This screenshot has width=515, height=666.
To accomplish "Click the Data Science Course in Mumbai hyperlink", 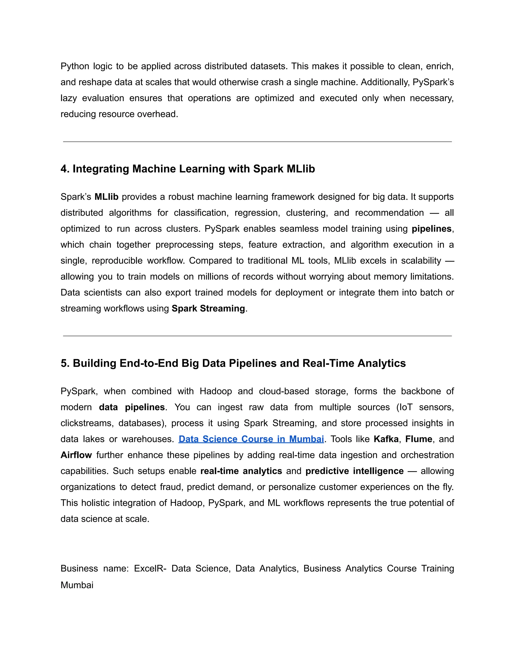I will tap(251, 439).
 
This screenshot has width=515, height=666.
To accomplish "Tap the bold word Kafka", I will tap(386, 439).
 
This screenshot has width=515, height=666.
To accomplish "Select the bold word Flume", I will tap(419, 439).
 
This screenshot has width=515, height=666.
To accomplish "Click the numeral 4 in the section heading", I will tap(64, 169).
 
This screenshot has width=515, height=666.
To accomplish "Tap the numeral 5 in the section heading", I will tap(64, 363).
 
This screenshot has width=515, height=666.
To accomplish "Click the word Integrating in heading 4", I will tap(101, 169).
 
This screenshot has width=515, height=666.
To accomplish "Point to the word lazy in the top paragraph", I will tap(69, 98).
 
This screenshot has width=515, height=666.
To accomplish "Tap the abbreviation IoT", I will tap(406, 407).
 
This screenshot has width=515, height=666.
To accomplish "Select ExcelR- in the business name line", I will tap(150, 568).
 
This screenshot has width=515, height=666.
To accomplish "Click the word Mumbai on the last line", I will tap(77, 585).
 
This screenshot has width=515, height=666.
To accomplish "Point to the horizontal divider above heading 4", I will tap(257, 141).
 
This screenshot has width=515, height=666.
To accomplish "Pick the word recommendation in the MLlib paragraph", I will tap(389, 213).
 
